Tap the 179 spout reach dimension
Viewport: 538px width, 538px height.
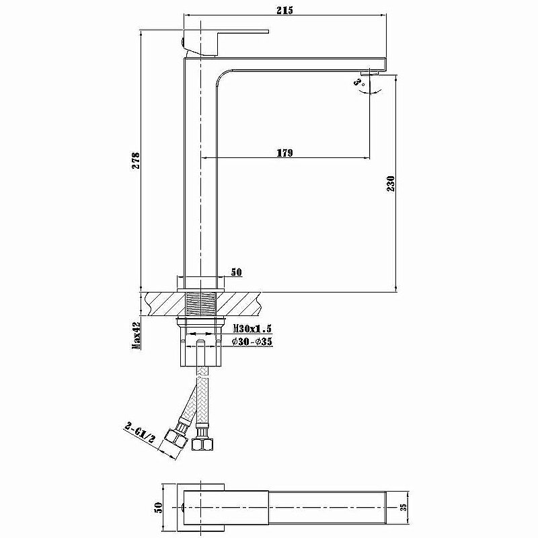tap(285, 153)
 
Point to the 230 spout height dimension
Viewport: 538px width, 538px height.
tap(391, 183)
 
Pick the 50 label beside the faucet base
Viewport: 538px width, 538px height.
tap(236, 272)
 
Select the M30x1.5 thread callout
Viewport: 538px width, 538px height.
tap(252, 329)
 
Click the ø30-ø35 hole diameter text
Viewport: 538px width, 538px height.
tap(252, 342)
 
